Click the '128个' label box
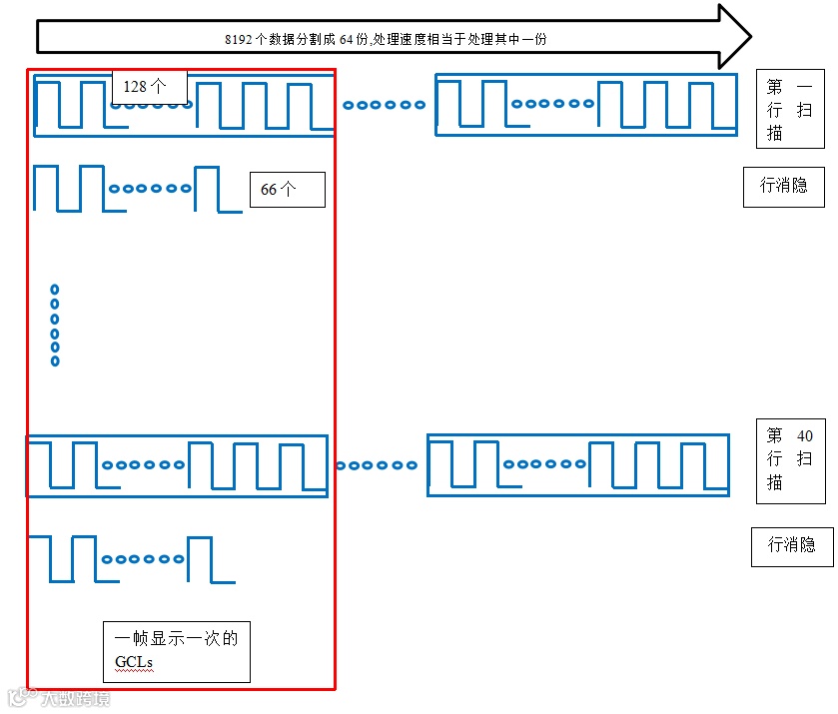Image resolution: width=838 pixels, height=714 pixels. [150, 87]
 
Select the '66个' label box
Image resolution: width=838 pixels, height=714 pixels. [287, 189]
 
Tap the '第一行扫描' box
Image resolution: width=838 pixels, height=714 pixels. [789, 110]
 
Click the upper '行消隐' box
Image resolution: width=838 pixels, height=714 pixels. [783, 186]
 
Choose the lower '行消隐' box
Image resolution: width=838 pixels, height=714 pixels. [791, 545]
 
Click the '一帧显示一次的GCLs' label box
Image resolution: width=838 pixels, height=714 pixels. [176, 651]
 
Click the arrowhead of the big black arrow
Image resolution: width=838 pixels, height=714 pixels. [733, 36]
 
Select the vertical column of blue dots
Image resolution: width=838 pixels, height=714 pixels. [55, 325]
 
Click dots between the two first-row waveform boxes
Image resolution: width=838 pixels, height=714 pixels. [384, 105]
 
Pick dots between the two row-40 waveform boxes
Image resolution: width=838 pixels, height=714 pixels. [377, 465]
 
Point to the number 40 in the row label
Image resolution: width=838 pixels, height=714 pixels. [805, 436]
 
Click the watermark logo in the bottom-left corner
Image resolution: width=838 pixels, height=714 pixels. [17, 697]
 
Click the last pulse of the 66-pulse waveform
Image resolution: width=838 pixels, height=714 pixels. [206, 189]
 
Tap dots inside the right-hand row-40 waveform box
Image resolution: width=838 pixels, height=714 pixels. [544, 464]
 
